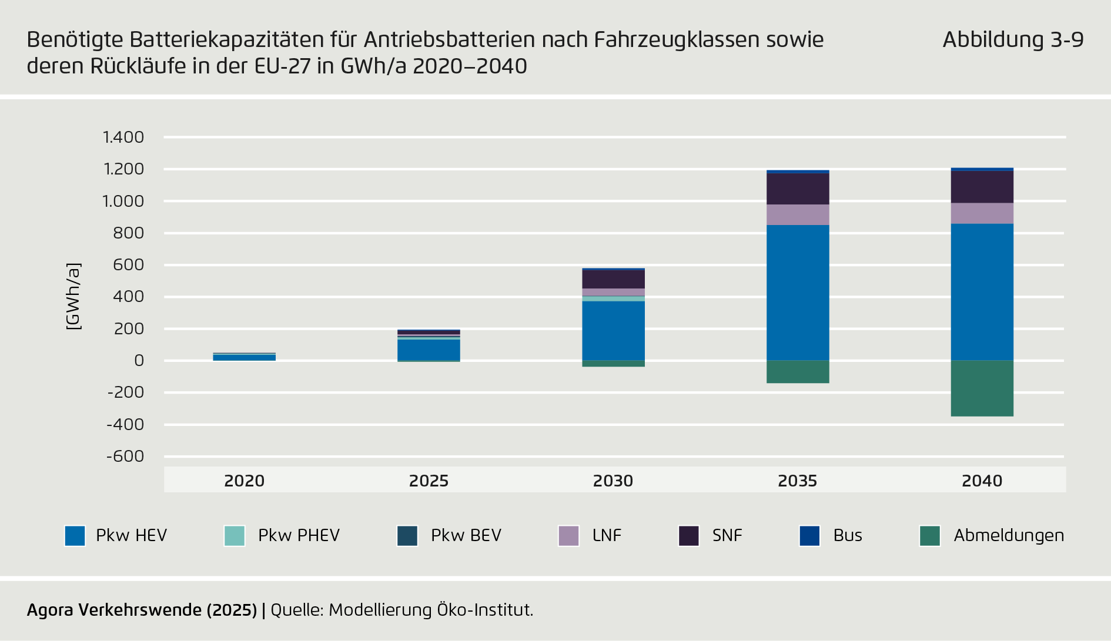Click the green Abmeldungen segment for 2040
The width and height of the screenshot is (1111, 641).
(982, 388)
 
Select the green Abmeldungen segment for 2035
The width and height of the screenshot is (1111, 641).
(798, 372)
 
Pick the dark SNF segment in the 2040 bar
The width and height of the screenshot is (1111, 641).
(982, 187)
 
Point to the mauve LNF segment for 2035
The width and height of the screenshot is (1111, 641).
(798, 215)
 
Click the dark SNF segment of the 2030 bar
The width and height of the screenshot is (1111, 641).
(613, 279)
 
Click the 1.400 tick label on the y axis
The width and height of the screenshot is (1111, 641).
(123, 137)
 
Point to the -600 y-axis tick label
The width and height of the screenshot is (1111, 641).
(125, 457)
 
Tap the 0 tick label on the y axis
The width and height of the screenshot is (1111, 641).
(139, 361)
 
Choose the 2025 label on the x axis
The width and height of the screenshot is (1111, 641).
(429, 481)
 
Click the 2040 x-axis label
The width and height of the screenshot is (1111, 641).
(982, 481)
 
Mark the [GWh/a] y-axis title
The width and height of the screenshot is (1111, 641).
(73, 297)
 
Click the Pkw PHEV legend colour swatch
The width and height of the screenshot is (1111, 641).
(235, 536)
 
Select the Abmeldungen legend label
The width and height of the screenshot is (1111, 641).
(1009, 536)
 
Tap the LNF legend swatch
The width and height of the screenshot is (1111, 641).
(568, 536)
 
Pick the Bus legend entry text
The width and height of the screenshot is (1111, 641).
(848, 536)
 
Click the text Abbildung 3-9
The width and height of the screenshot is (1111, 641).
(1013, 40)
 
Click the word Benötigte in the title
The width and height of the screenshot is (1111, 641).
(75, 40)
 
